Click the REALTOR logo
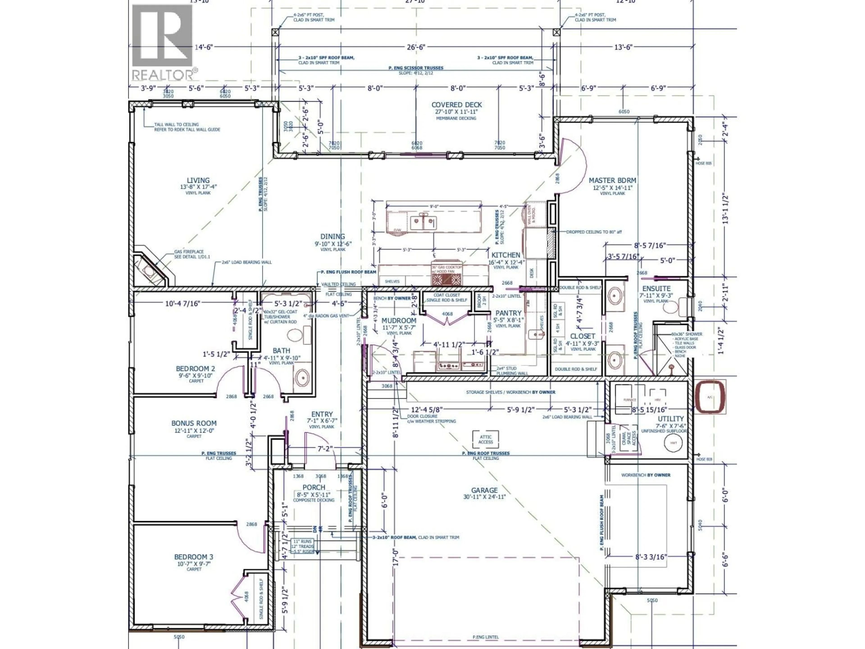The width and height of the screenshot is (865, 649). tap(163, 41)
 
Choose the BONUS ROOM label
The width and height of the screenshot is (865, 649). tap(193, 423)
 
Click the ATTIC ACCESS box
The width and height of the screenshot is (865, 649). tap(486, 440)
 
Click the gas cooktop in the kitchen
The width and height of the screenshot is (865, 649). tap(446, 278)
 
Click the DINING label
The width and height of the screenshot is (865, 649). tap(332, 237)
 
